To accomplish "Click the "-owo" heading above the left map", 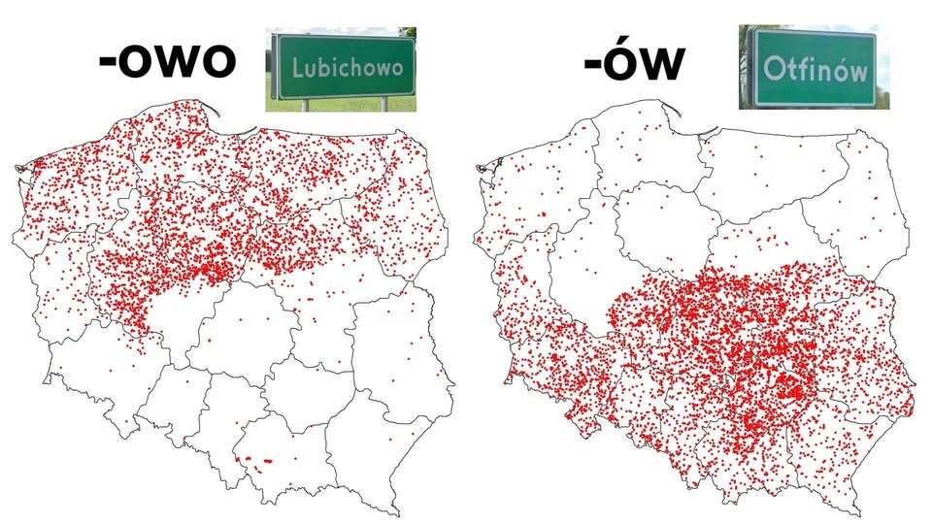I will [168, 60].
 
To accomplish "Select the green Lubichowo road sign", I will [342, 68].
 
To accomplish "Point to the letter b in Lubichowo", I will [324, 69].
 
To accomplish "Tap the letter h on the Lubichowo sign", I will [360, 69].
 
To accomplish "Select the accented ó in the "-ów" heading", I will [626, 60].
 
